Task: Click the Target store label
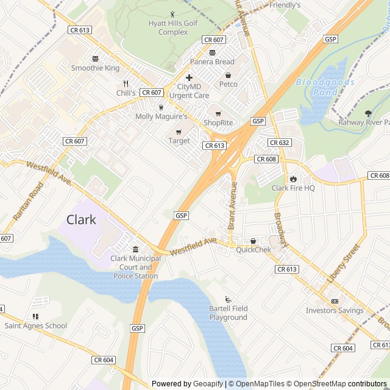click(x=179, y=141)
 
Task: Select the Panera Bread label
click(x=212, y=62)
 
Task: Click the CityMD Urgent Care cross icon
click(x=190, y=77)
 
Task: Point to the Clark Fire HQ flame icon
click(x=293, y=179)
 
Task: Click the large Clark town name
click(x=81, y=219)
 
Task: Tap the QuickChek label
click(x=253, y=249)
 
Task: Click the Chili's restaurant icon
click(x=126, y=83)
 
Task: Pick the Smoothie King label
click(x=96, y=68)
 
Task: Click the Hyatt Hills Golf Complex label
click(x=173, y=27)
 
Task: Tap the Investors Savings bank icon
click(x=335, y=302)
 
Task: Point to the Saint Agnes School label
click(x=36, y=325)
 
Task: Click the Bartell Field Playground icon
click(x=229, y=299)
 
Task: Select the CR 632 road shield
click(x=279, y=143)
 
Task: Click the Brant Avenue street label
click(x=232, y=205)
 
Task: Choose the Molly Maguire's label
click(x=161, y=116)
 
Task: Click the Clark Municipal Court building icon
click(x=135, y=249)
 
